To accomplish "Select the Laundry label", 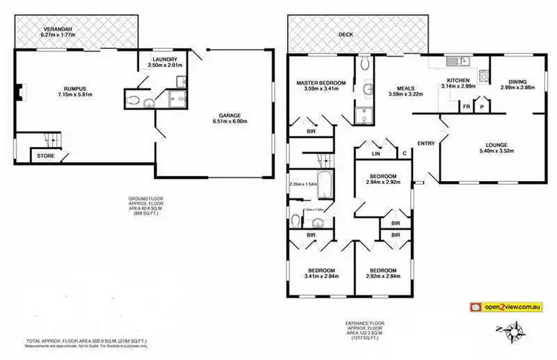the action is click(x=163, y=59).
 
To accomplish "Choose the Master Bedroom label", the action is click(x=321, y=82).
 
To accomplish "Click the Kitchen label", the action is click(x=459, y=79).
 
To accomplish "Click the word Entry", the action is click(x=426, y=143).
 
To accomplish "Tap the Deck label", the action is click(x=345, y=34).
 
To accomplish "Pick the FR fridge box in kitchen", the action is click(x=466, y=106).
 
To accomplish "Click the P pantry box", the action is click(x=481, y=106).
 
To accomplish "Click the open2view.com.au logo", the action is click(x=504, y=305).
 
